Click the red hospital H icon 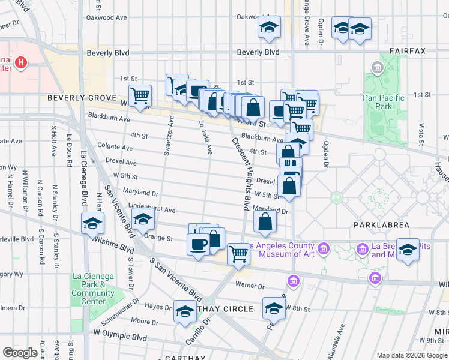pos(21,62)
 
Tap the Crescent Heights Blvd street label pos(241,173)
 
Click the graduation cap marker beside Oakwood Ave pos(269,28)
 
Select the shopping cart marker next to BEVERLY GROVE pos(140,95)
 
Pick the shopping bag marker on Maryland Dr pos(265,221)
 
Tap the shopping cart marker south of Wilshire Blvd pos(239,254)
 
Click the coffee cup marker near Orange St pos(199,244)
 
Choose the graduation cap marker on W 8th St pos(274,308)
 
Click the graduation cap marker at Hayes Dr pos(184,311)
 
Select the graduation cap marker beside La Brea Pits pos(408,250)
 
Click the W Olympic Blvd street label pos(120,332)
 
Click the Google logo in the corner pos(19,353)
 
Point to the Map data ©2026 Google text pos(411,355)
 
